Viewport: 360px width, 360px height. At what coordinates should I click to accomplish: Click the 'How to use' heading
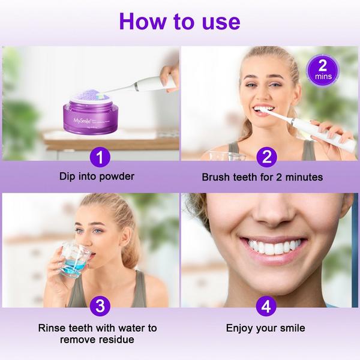[179, 21]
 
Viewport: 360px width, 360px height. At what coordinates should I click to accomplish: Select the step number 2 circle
[266, 158]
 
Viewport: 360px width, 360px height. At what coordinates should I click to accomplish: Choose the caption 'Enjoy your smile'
[266, 328]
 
